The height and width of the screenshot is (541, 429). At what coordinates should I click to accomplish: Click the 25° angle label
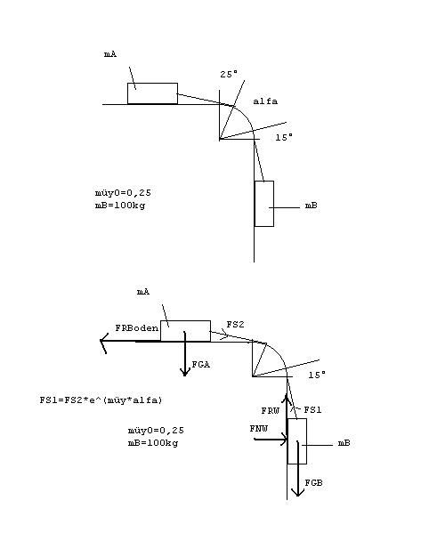(229, 74)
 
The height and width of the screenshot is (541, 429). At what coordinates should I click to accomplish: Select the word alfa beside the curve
(265, 101)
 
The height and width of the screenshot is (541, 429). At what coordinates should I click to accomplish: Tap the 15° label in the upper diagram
(284, 137)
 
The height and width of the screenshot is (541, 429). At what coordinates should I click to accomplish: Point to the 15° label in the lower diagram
(317, 375)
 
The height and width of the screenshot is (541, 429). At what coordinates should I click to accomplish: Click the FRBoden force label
(137, 327)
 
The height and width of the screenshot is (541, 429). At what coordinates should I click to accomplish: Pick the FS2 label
(235, 324)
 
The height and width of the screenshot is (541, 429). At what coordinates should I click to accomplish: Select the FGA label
(201, 364)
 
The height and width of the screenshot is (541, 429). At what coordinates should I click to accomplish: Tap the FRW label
(271, 410)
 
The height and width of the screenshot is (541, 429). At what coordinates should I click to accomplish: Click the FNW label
(259, 429)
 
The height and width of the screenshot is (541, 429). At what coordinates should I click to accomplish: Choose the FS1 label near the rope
(312, 410)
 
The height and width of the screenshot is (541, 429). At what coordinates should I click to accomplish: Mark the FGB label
(313, 482)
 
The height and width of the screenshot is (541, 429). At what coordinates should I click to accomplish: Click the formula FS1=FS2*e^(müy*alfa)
(101, 400)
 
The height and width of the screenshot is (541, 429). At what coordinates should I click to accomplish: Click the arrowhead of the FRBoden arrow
(101, 341)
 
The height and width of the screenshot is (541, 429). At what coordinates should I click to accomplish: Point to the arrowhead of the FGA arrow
(185, 375)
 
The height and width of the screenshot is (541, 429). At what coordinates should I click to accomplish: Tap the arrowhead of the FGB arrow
(297, 496)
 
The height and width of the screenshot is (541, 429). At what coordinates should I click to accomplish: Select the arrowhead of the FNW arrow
(286, 440)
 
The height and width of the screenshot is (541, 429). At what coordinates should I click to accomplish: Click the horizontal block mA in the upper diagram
(152, 93)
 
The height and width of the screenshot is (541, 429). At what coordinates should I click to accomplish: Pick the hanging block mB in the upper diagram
(264, 204)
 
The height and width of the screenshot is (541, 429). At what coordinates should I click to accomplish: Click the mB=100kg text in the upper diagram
(120, 206)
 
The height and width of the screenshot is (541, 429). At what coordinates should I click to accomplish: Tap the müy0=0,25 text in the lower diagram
(156, 431)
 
